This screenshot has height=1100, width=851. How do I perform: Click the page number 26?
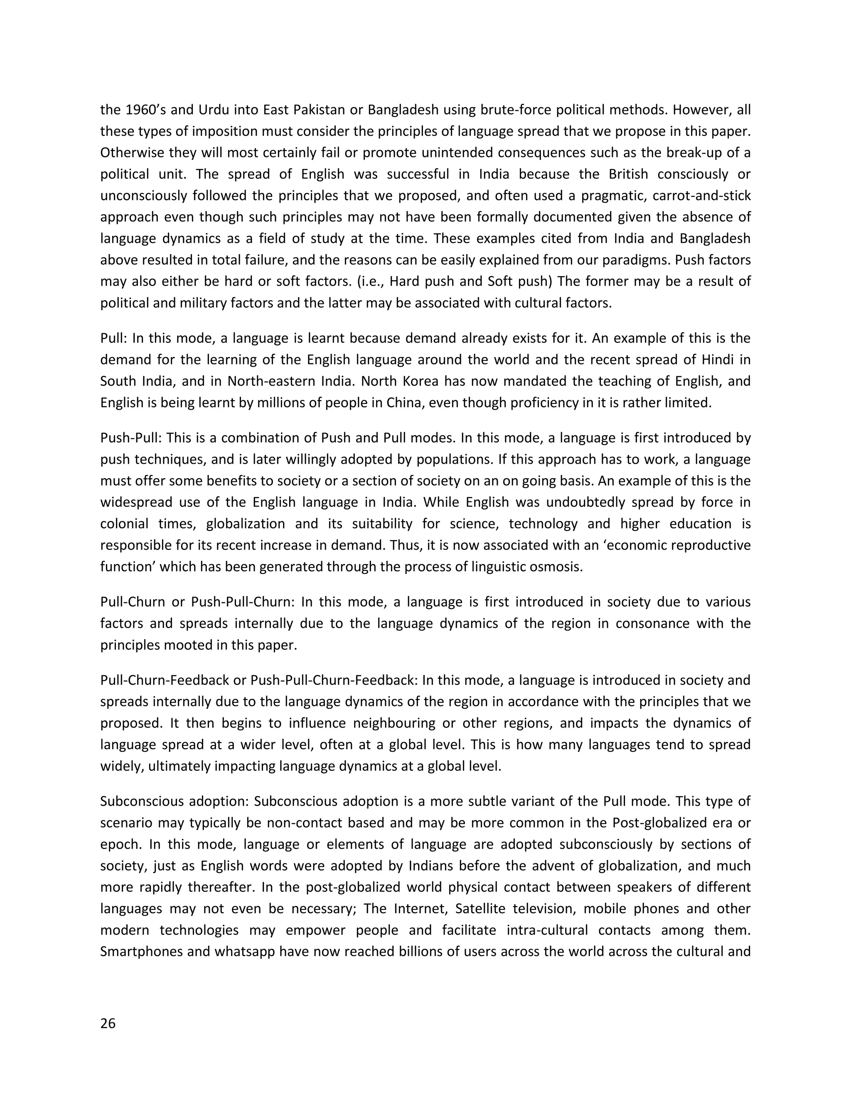(x=108, y=1024)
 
